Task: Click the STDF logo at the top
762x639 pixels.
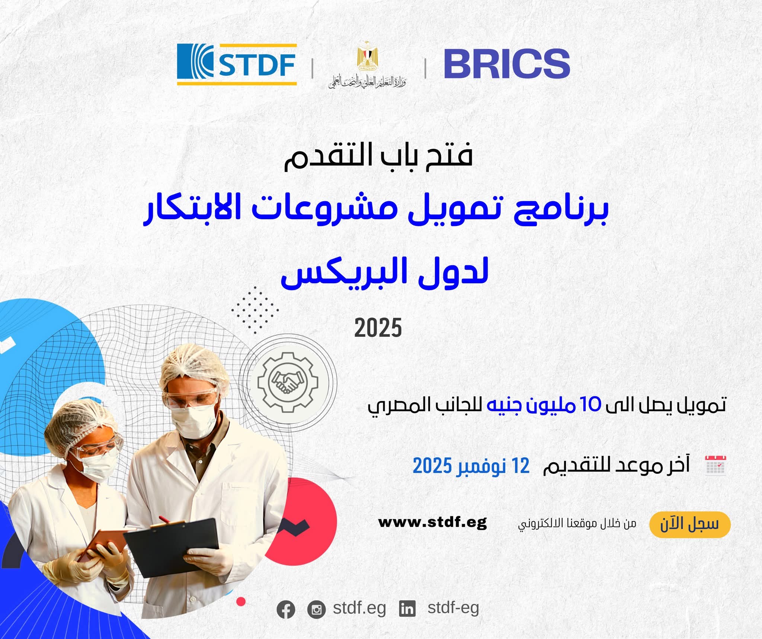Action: click(237, 64)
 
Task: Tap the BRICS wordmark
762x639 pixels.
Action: click(507, 64)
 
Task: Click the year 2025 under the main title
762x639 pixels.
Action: click(378, 328)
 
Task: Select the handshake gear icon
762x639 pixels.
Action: click(288, 382)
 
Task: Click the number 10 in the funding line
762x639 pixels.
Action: click(591, 404)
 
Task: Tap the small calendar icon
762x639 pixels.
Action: click(715, 465)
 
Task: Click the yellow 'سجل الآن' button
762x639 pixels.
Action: click(690, 524)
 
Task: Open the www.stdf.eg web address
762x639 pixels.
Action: click(432, 523)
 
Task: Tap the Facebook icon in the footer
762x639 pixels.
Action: click(286, 610)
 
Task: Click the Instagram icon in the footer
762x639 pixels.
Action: click(317, 610)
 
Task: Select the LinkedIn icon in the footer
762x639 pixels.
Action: click(407, 609)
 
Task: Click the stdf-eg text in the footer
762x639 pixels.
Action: click(453, 607)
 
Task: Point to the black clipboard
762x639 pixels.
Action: click(172, 547)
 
